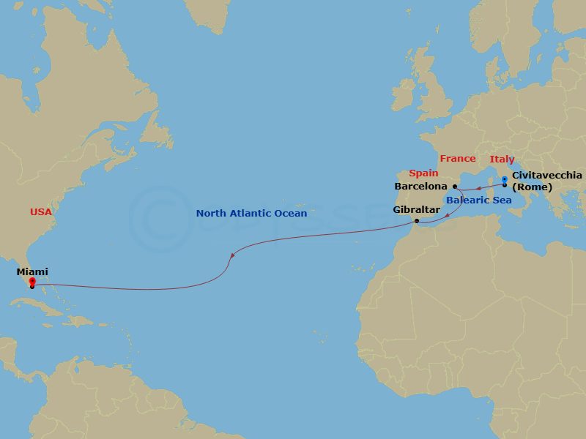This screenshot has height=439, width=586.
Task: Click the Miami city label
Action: pos(32,272)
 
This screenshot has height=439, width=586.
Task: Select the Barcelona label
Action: pos(420,187)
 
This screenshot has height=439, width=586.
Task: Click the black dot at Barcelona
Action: pos(455,187)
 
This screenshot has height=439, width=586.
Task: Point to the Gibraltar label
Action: pos(416,210)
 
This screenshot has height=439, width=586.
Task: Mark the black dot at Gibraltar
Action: pos(416,221)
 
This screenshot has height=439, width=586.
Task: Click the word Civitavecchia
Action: pos(547,176)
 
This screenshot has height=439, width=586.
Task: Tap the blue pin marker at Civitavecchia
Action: pos(505,179)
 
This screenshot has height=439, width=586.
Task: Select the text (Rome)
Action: pos(532,187)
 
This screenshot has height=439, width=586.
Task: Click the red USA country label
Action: pos(41,212)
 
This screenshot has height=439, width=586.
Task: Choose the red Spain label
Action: pos(423,173)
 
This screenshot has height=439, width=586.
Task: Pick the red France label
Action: pos(457,159)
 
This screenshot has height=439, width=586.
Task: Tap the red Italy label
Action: pos(502,160)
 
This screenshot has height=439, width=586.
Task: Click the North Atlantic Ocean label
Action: pos(251,214)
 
